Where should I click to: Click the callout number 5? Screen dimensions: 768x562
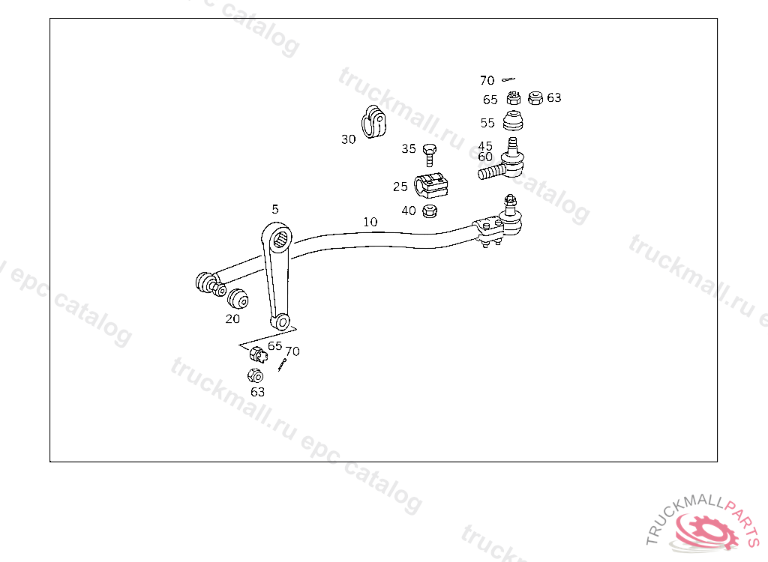pyautogui.click(x=275, y=210)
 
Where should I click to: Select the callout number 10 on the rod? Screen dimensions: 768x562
pyautogui.click(x=370, y=222)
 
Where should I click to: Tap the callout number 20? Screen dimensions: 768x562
pyautogui.click(x=232, y=318)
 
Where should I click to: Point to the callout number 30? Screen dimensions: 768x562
pyautogui.click(x=348, y=139)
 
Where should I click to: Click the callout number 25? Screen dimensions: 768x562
pyautogui.click(x=400, y=187)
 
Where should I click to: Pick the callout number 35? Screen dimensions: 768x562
pyautogui.click(x=409, y=149)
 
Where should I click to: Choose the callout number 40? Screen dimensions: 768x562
pyautogui.click(x=409, y=211)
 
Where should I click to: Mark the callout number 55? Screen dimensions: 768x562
pyautogui.click(x=487, y=123)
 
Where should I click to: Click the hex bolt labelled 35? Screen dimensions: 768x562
pyautogui.click(x=430, y=154)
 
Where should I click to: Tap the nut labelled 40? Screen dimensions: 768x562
pyautogui.click(x=430, y=211)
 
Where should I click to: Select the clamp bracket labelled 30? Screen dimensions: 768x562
pyautogui.click(x=373, y=122)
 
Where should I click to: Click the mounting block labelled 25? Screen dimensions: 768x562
pyautogui.click(x=431, y=185)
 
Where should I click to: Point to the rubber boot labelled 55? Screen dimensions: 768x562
pyautogui.click(x=513, y=121)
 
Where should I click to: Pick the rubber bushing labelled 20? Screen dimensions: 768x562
pyautogui.click(x=238, y=299)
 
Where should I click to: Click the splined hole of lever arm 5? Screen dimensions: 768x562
pyautogui.click(x=280, y=239)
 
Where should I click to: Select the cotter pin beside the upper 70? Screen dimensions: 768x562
pyautogui.click(x=508, y=79)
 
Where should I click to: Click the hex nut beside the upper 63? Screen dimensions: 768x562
pyautogui.click(x=535, y=98)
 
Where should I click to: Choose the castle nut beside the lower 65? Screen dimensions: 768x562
pyautogui.click(x=258, y=354)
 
